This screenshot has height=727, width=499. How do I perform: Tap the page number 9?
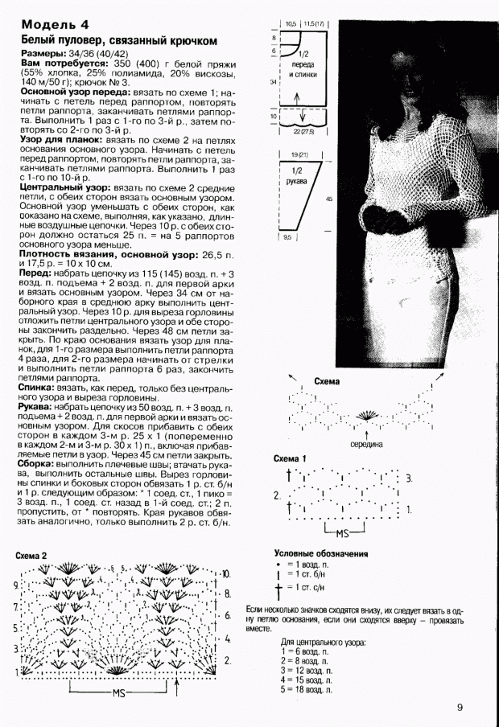(x=460, y=707)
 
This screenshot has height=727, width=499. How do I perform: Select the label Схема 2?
(x=38, y=556)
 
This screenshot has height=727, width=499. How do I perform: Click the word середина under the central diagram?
(x=365, y=443)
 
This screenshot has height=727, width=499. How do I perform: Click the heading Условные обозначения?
(x=321, y=553)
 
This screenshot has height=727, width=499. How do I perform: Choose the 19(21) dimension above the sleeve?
(x=299, y=154)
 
